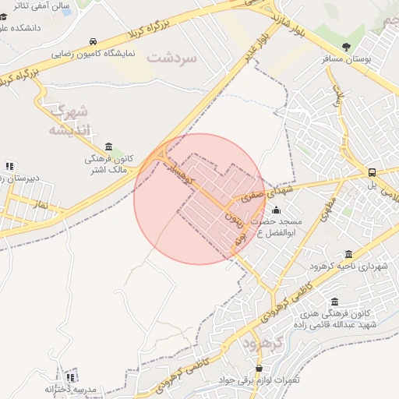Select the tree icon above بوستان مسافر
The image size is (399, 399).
click(346, 48)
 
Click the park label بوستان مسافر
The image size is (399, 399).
click(347, 59)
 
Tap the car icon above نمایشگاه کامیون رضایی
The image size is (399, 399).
click(94, 41)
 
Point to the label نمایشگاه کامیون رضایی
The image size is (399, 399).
click(94, 54)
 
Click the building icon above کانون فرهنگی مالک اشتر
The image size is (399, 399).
click(108, 147)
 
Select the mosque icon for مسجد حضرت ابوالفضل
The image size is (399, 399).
click(276, 210)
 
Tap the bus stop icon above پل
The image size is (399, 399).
click(372, 173)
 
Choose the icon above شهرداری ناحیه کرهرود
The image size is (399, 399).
click(348, 254)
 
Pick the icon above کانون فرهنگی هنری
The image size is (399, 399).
click(335, 302)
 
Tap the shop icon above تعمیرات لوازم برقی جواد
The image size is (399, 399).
click(260, 369)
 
